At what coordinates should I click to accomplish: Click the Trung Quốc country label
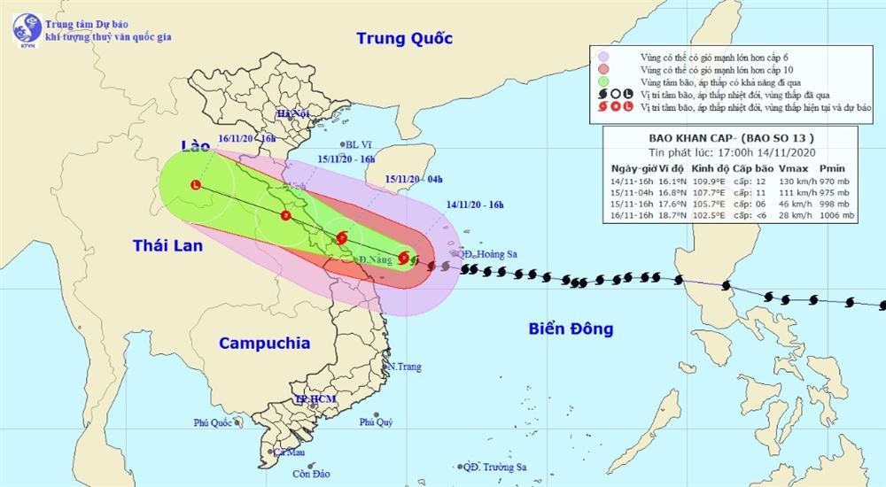[x=404, y=38]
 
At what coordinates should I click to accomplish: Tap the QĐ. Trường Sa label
[x=496, y=467]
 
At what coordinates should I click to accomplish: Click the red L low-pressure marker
[x=195, y=184]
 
